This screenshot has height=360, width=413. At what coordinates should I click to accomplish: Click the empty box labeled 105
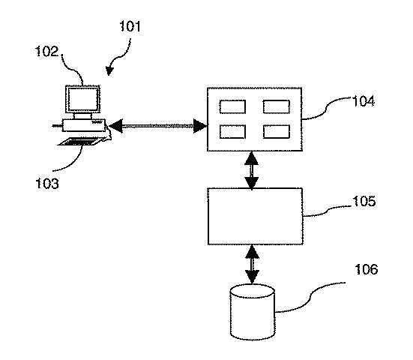pos(254,216)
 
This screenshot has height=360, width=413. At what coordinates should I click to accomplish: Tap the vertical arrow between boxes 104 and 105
pos(253,169)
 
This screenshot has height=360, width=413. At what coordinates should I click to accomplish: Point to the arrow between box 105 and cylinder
pos(253,263)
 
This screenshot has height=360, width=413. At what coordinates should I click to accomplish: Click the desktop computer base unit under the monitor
pos(83,124)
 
